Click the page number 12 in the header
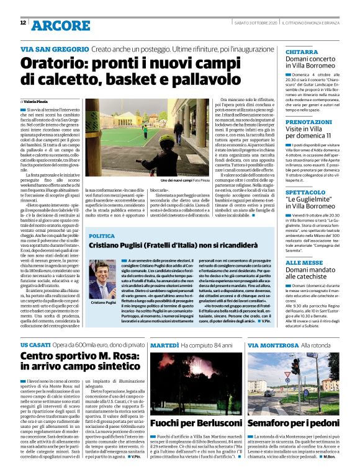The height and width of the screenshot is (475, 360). [x=22, y=23]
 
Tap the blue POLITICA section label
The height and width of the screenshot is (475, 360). [x=102, y=236]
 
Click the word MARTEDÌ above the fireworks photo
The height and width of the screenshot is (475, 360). [x=164, y=344]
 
